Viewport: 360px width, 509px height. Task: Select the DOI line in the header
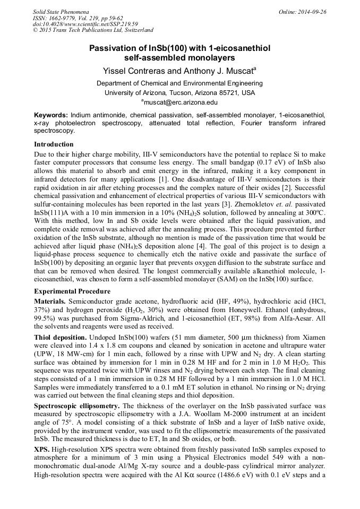point(85,24)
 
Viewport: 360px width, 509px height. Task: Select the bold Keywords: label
point(51,115)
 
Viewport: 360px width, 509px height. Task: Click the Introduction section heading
point(54,144)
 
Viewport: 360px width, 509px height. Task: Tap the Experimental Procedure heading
point(72,291)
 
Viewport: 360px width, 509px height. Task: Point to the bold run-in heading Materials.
point(50,300)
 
